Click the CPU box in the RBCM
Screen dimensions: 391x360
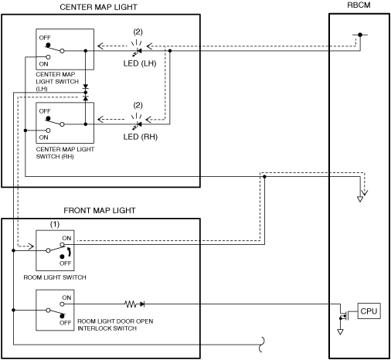coord(369,311)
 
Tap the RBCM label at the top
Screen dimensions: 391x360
coord(359,5)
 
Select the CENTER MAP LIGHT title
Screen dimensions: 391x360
coord(98,7)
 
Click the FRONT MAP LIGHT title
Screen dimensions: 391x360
coord(100,211)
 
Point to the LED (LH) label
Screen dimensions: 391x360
coord(140,63)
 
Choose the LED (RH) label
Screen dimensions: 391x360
coord(141,137)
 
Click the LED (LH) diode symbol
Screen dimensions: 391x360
coord(139,51)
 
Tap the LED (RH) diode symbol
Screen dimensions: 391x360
coord(139,124)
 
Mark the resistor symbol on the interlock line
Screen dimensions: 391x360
coord(131,304)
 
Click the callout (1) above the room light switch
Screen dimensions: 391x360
coord(55,224)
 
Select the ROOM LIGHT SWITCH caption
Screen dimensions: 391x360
coord(55,277)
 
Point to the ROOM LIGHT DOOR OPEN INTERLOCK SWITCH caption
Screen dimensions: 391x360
coord(115,324)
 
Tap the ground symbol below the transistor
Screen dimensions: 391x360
coord(340,331)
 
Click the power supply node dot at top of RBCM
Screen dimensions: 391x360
coord(360,35)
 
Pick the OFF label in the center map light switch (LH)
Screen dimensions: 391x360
coord(45,38)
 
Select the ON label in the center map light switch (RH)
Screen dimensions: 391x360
coord(43,138)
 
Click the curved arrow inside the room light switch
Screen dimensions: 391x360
coord(69,253)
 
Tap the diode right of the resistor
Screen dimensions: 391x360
coord(142,304)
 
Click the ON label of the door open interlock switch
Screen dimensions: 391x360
coord(66,297)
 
